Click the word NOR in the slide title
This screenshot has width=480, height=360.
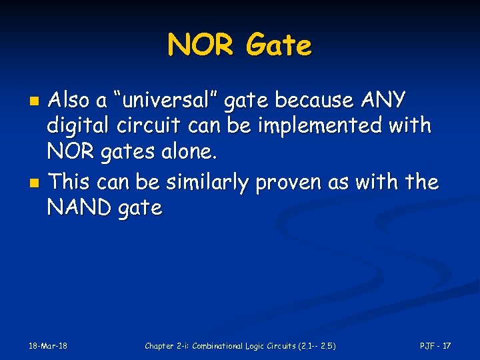pos(201,45)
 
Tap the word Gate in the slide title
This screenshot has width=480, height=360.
pos(278,45)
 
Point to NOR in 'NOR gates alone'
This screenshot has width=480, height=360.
pos(69,152)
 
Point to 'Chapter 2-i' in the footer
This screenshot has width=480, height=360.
pos(167,345)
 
